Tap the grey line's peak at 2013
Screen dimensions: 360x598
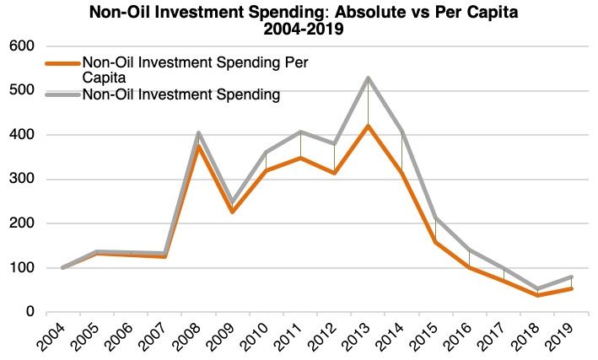(369, 78)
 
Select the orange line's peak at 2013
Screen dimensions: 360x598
(369, 126)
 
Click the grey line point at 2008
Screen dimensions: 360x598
(199, 132)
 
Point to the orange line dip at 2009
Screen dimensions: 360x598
(233, 212)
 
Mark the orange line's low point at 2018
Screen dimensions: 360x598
(537, 295)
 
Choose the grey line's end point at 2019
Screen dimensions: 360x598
(571, 277)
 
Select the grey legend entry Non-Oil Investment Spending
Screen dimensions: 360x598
(180, 95)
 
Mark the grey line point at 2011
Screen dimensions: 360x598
(301, 132)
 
